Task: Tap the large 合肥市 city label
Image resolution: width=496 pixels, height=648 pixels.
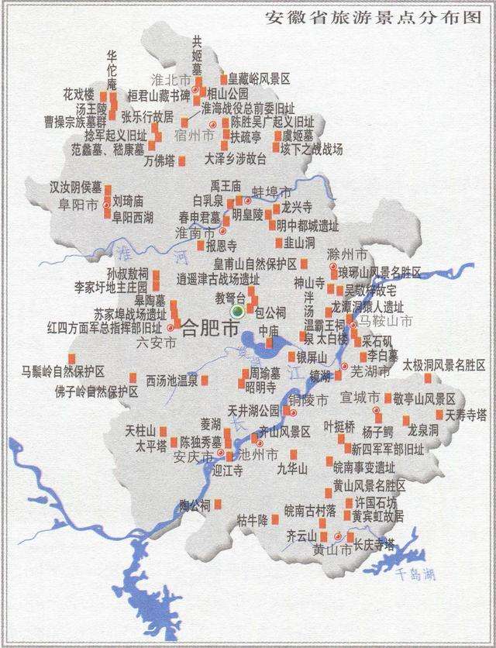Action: point(210,328)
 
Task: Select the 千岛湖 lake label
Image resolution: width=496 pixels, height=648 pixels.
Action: point(415,574)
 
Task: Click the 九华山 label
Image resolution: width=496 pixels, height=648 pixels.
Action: point(292,469)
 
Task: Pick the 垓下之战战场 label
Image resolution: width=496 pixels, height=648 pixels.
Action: point(311,149)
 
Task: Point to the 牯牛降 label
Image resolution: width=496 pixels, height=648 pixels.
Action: point(252,519)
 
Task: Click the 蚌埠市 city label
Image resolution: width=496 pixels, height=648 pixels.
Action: point(272,191)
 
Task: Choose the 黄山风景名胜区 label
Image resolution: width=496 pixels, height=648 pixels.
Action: point(369,485)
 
